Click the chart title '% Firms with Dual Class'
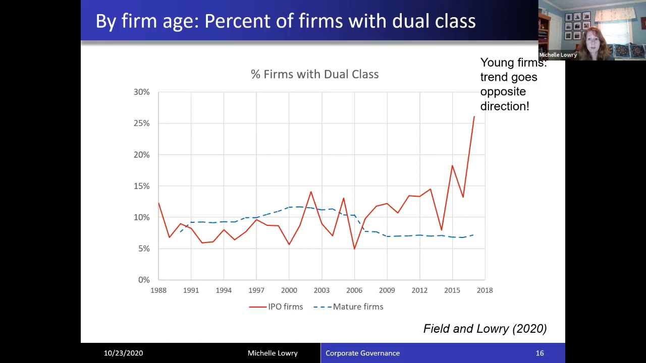(x=314, y=74)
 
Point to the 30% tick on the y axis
(x=142, y=92)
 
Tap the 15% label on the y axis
(x=142, y=186)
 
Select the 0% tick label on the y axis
(x=144, y=280)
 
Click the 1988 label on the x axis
(x=158, y=290)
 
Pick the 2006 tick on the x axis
(x=354, y=290)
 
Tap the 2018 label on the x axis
(x=485, y=290)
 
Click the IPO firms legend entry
(x=276, y=307)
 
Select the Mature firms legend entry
(x=348, y=307)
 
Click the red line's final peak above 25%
(x=474, y=116)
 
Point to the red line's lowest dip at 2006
(x=354, y=249)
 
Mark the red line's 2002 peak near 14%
(x=311, y=192)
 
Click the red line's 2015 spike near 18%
(x=452, y=165)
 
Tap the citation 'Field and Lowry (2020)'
(x=485, y=329)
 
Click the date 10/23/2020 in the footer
(x=124, y=353)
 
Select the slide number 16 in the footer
(x=540, y=353)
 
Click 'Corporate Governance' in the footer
(x=362, y=353)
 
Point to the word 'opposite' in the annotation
(x=503, y=92)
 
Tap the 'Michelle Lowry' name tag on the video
(x=558, y=55)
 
